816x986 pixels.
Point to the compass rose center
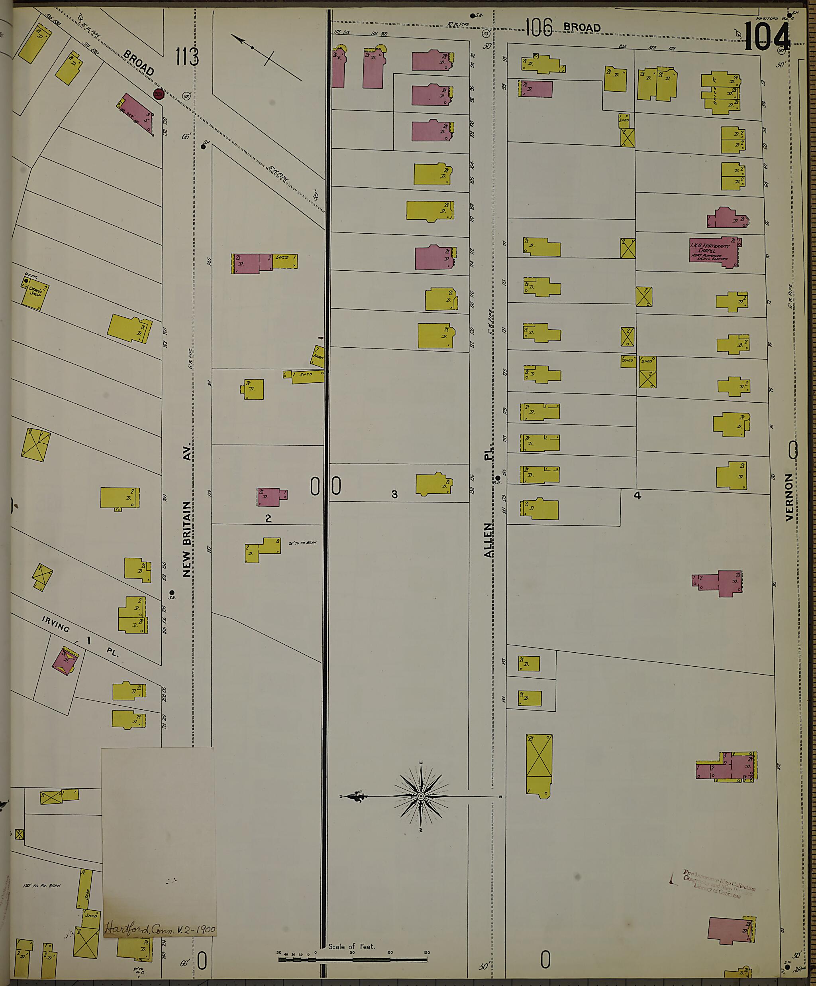[x=421, y=796]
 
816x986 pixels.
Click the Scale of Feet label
[x=351, y=947]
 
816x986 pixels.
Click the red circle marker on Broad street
[x=158, y=94]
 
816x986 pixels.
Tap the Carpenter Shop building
[x=35, y=293]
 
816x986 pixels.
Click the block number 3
[x=394, y=494]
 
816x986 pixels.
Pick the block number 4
[x=637, y=494]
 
